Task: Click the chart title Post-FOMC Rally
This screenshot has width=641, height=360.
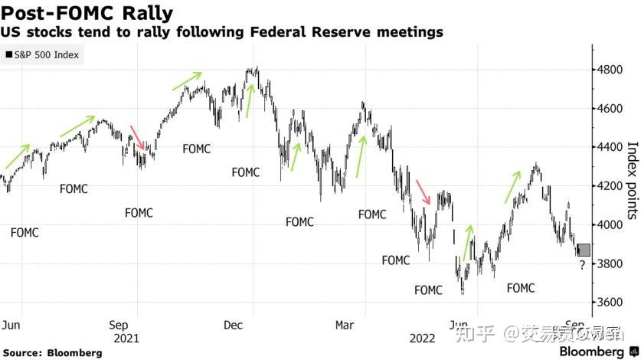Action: (87, 13)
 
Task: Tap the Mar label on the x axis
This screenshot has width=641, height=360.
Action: (345, 325)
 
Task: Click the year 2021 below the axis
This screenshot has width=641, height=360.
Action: (126, 337)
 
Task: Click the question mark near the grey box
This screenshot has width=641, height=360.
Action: (582, 265)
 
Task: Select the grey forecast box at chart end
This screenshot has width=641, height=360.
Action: (584, 250)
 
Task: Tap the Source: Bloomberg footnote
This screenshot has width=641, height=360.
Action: (52, 352)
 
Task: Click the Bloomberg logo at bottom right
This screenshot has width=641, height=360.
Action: (596, 351)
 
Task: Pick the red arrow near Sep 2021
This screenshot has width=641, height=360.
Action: (139, 138)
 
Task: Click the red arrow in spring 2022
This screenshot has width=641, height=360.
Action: (423, 191)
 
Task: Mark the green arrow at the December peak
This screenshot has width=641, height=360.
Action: (250, 100)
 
